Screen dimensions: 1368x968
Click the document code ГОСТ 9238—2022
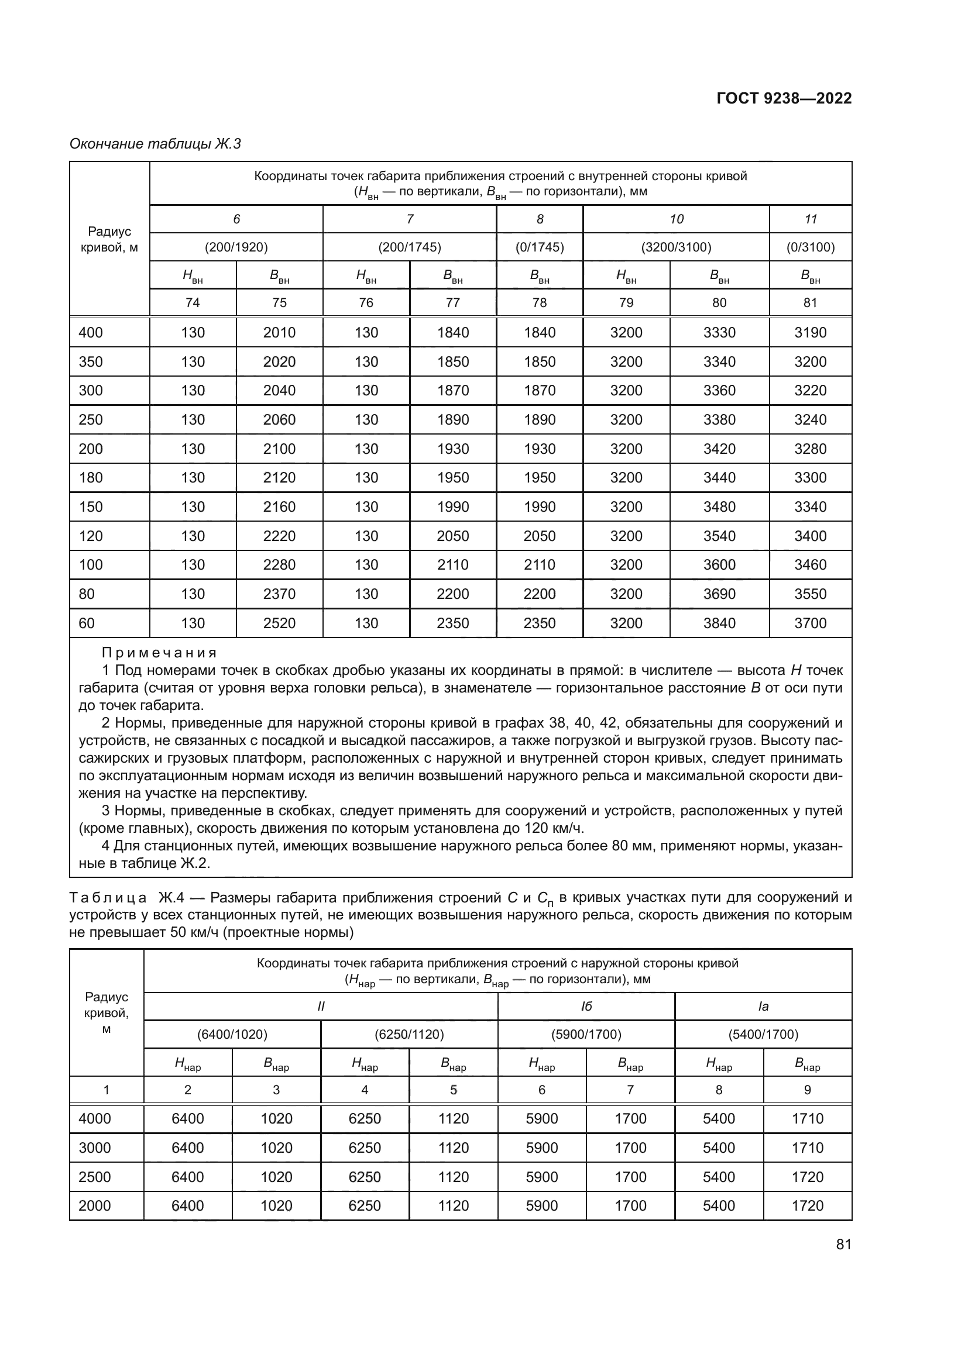784,98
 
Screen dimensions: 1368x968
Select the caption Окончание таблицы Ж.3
155,144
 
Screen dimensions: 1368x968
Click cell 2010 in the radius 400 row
279,332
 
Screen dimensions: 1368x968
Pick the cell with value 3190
810,332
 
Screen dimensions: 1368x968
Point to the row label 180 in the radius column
91,478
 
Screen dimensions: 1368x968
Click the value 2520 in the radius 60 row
279,623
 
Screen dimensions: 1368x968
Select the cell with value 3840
719,623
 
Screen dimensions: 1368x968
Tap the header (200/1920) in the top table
236,247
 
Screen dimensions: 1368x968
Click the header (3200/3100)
676,247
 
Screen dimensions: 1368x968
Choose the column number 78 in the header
540,303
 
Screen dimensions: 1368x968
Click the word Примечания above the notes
159,653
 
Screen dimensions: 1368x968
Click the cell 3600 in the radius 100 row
719,565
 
